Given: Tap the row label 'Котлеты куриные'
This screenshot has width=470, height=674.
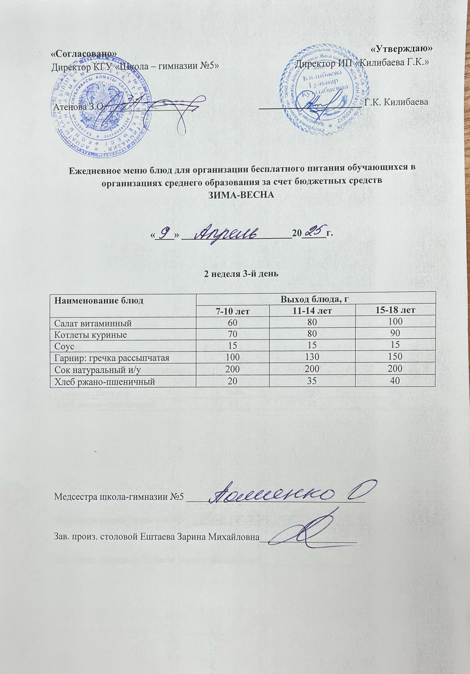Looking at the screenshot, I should (x=90, y=335).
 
